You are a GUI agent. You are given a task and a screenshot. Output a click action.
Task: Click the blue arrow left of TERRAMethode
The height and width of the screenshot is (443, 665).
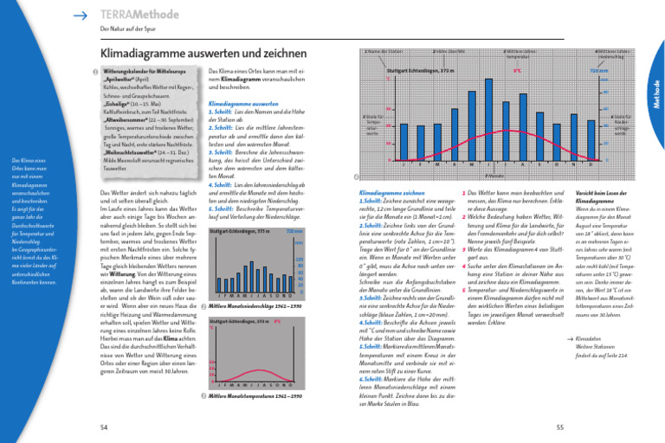pos(81,15)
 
